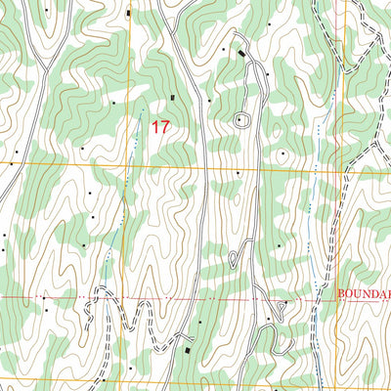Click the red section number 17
tap(160, 126)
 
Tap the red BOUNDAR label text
tap(363, 291)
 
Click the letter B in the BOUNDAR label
tap(341, 291)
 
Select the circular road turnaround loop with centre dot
tap(240, 120)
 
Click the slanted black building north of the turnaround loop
tap(241, 52)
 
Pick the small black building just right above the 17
tap(175, 97)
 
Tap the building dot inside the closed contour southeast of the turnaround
tap(283, 152)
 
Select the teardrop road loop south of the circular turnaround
tap(235, 258)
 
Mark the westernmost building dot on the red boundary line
tap(43, 297)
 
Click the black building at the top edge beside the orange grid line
tap(128, 12)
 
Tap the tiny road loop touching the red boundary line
tap(278, 306)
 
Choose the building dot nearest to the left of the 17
tap(113, 102)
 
